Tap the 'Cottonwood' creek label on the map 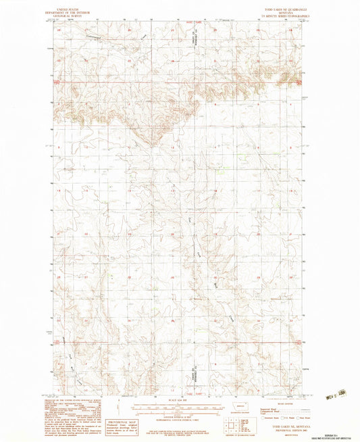[x=95, y=37]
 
